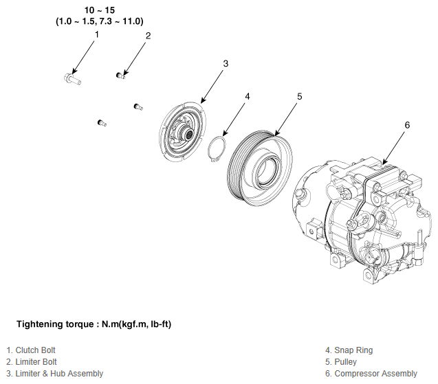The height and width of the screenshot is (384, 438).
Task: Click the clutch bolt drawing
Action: tap(72, 79)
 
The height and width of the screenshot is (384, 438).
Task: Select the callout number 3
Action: tap(226, 64)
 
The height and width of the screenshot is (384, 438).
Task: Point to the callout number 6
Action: tap(407, 125)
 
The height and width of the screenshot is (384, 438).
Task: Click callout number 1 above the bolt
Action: tap(97, 34)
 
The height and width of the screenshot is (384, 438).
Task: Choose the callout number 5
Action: tap(300, 97)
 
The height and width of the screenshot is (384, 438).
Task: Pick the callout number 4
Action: tap(248, 97)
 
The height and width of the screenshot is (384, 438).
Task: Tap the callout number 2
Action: tap(148, 36)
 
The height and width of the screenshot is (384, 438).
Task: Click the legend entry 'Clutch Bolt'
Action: tap(31, 350)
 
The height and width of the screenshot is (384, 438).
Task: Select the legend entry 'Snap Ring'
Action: tap(349, 350)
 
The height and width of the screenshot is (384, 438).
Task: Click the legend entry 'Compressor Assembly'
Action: tap(371, 374)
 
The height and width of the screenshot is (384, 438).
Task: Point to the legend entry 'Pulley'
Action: tap(341, 362)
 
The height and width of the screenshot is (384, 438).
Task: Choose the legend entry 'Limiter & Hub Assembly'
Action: tap(55, 374)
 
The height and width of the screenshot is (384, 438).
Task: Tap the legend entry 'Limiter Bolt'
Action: tap(32, 362)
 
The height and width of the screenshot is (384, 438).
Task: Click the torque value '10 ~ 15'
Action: tap(100, 10)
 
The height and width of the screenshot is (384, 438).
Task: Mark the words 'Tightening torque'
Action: tap(55, 324)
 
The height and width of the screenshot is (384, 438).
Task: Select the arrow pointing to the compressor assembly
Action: tap(393, 147)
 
